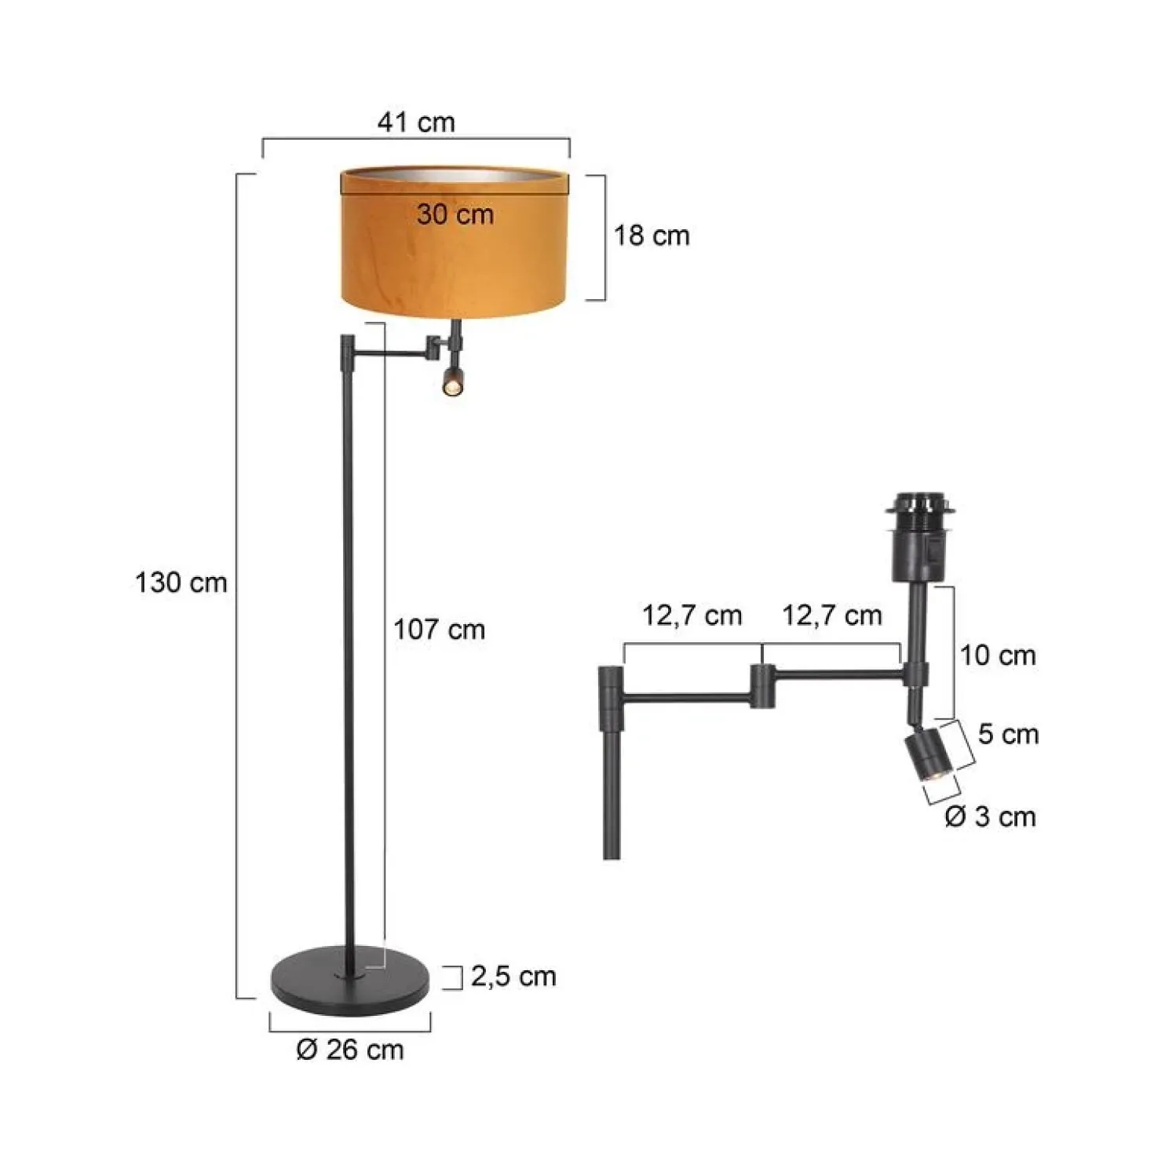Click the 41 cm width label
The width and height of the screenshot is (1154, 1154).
pos(415,122)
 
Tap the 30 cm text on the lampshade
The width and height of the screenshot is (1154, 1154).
pos(455,214)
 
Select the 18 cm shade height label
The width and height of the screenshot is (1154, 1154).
pos(652,236)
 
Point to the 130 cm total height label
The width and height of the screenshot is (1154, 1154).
pos(181,582)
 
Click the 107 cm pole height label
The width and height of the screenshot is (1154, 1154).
pos(439,630)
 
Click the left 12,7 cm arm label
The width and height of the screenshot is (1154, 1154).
pos(692,615)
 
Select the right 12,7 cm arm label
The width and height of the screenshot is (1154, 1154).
pos(832,615)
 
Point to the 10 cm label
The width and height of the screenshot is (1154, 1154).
pos(999,656)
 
